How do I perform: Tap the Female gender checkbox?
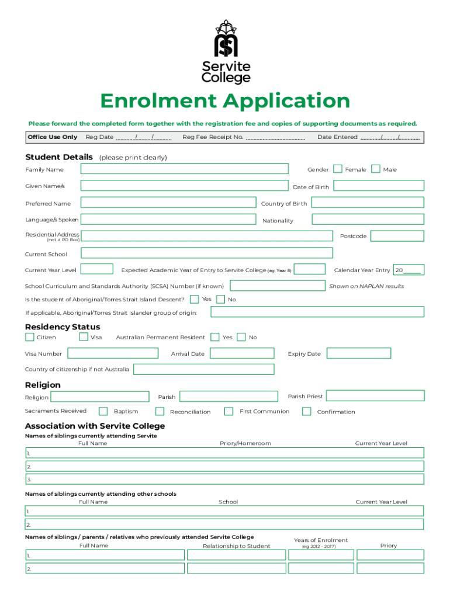click(x=337, y=169)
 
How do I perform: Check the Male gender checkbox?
click(x=376, y=169)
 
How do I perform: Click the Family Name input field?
click(x=184, y=169)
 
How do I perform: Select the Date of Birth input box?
click(x=379, y=186)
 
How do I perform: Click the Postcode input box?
click(x=397, y=236)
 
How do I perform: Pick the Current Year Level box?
click(x=96, y=269)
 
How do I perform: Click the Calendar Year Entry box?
click(x=409, y=270)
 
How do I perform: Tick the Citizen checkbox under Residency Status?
click(x=30, y=337)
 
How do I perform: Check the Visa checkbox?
click(x=84, y=337)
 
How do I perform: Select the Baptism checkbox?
click(x=103, y=411)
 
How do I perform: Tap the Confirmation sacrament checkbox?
click(x=306, y=411)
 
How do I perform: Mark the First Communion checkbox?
click(x=229, y=411)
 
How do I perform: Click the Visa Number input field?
click(x=112, y=353)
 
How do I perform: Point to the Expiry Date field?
click(x=358, y=353)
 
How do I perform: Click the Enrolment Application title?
click(x=225, y=102)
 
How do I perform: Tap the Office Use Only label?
click(x=52, y=137)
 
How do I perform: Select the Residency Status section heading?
click(x=63, y=327)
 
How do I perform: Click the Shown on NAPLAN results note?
click(x=366, y=286)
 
